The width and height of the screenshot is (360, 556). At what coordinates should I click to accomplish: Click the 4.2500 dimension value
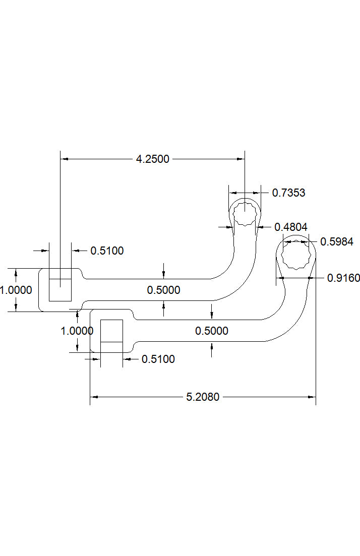point(153,159)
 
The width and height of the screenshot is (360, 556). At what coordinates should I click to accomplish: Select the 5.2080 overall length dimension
point(203,397)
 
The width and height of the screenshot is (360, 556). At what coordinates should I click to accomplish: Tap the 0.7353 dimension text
point(288,193)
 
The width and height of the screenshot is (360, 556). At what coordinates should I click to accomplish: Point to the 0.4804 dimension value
point(291,227)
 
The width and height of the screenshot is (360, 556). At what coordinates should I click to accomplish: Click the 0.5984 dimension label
point(337,242)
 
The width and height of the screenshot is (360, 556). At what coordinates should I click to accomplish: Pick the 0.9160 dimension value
point(343,277)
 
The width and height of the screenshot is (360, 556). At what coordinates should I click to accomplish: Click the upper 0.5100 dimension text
point(107,251)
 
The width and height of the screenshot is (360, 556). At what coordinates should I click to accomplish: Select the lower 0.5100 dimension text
point(158,359)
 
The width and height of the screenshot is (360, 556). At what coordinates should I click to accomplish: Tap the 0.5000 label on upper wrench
point(163,290)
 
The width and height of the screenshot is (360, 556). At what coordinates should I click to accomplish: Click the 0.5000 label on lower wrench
point(211,331)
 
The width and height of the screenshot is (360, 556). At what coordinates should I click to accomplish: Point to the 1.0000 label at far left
point(16,290)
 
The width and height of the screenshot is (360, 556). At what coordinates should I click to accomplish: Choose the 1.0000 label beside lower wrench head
point(77,331)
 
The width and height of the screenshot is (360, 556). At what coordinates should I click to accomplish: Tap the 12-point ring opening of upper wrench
point(245,213)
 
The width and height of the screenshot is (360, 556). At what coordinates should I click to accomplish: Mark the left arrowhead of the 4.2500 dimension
point(64,159)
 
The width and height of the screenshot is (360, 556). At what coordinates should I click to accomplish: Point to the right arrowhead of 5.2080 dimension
point(312,397)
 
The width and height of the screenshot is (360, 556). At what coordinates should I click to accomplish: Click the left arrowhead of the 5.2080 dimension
point(93,397)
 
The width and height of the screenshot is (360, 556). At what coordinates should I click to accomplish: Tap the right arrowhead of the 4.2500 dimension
point(241,159)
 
